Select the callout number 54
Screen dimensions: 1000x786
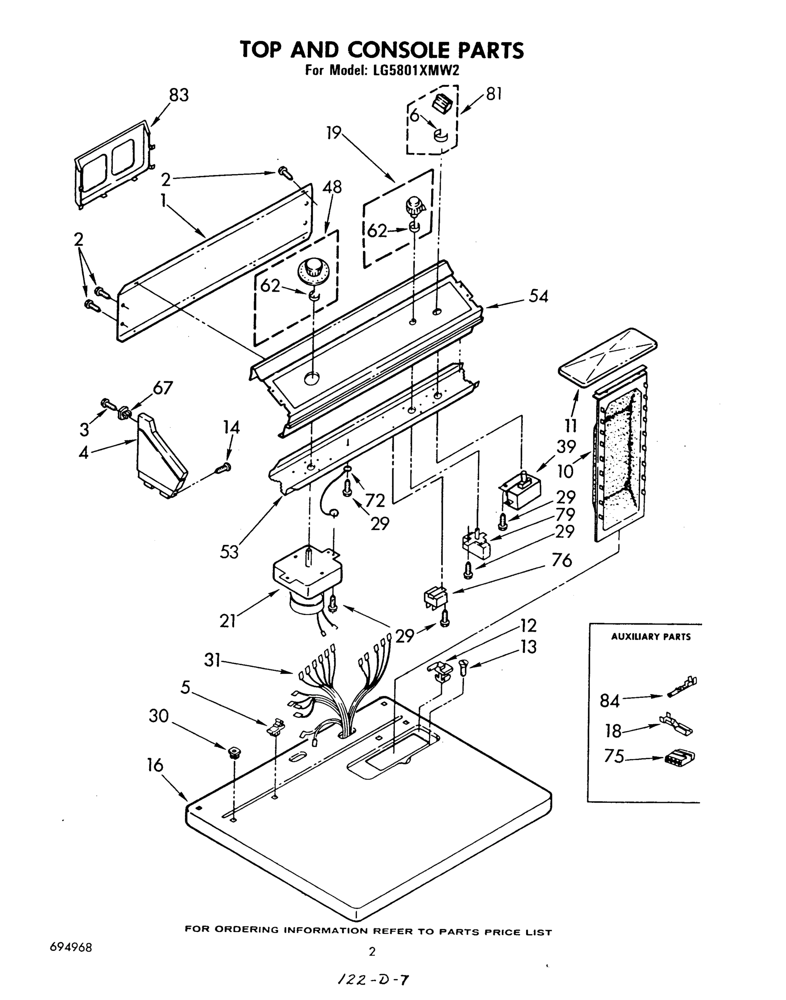click(538, 296)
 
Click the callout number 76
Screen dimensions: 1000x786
click(561, 560)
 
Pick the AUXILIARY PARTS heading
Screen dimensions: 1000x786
click(650, 637)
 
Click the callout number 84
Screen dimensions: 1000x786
click(610, 701)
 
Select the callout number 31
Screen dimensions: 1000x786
click(212, 662)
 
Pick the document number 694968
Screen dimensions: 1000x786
click(70, 947)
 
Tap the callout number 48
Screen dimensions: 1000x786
click(332, 187)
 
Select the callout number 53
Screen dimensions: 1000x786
click(229, 551)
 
